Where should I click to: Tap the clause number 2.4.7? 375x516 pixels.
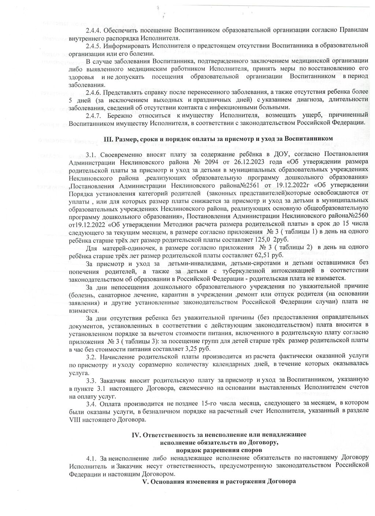(x=94, y=115)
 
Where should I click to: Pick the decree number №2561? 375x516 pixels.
(x=248, y=185)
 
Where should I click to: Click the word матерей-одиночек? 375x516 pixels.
(x=123, y=247)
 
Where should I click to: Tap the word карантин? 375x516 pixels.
(x=172, y=294)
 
